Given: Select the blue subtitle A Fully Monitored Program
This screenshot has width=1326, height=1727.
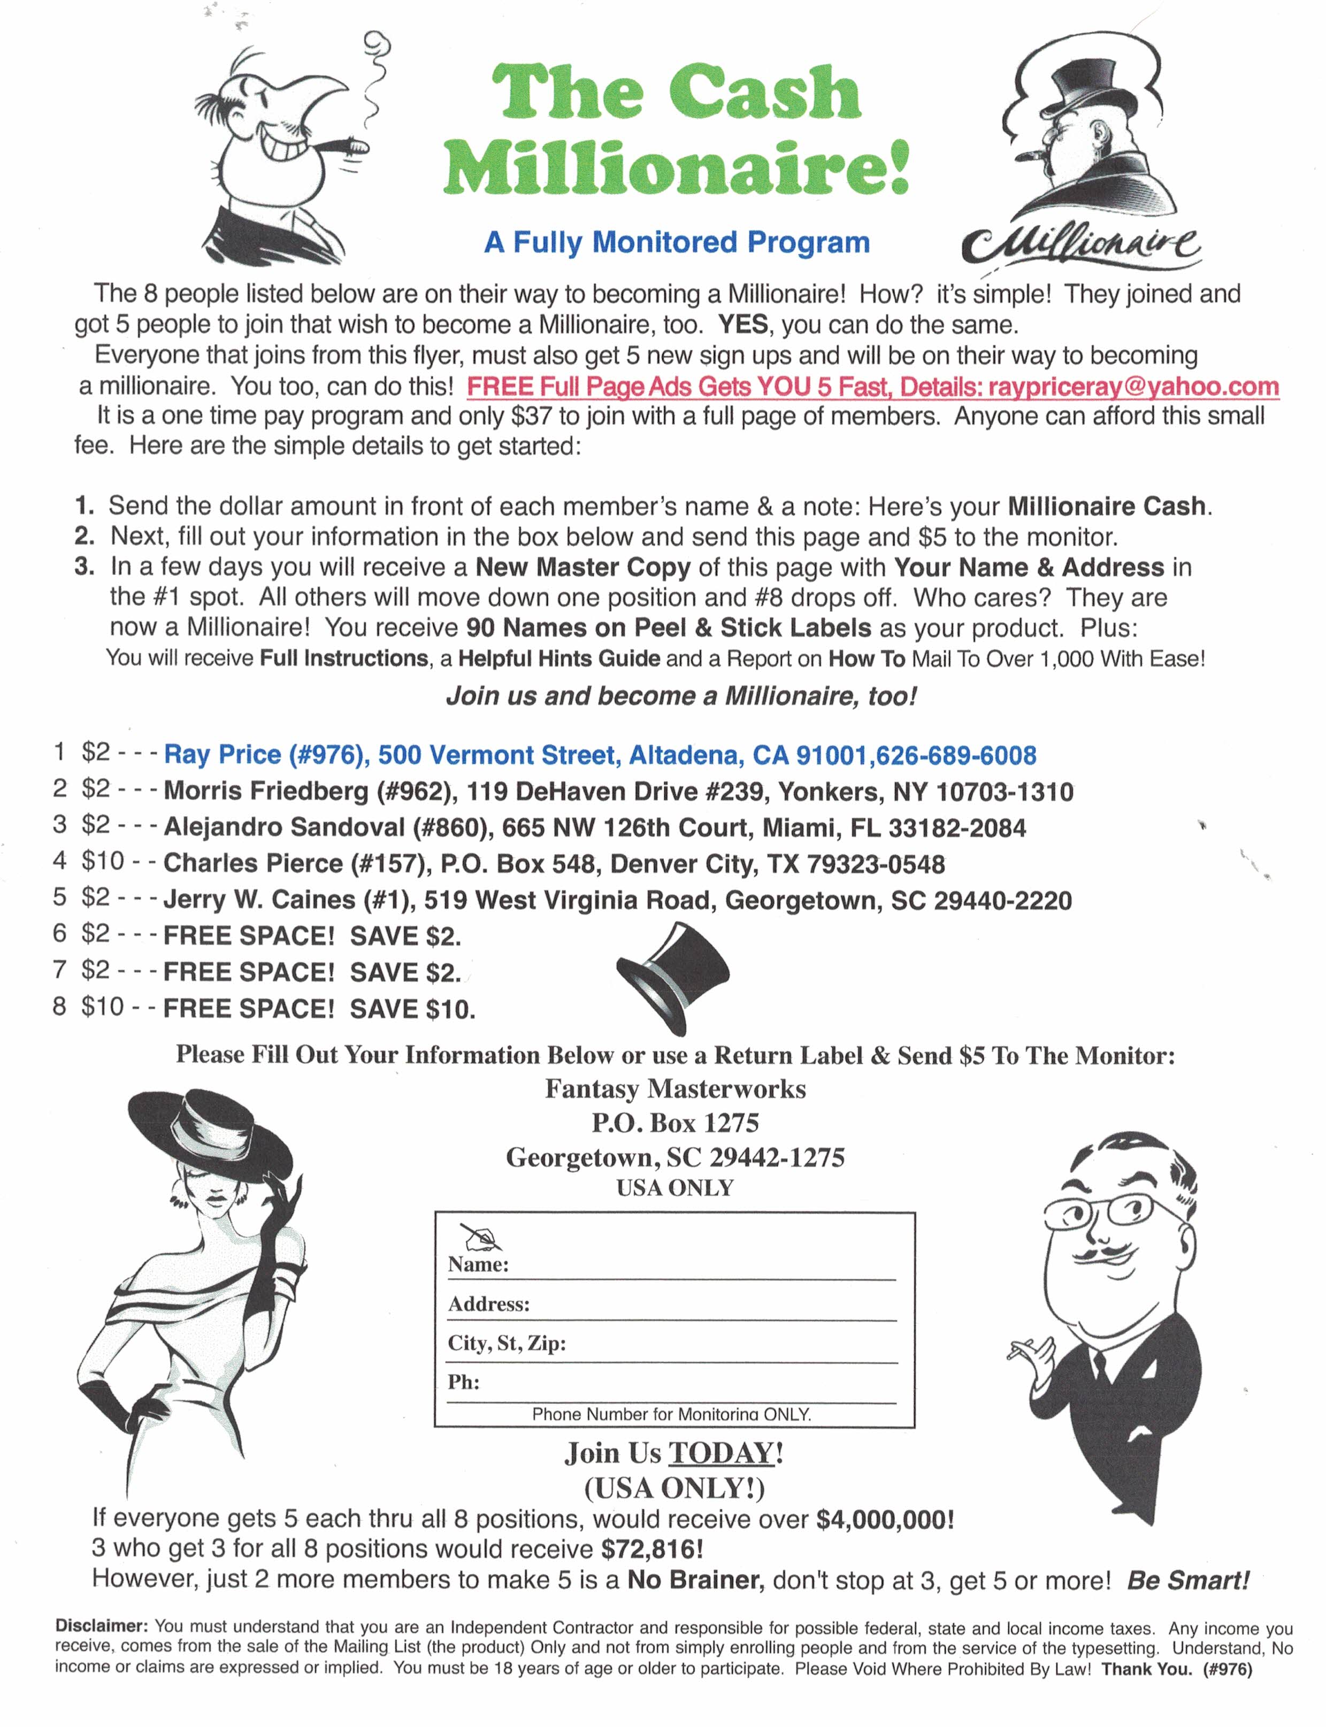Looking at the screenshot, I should pyautogui.click(x=677, y=242).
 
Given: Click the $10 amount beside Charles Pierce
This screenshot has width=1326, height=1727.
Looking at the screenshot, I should pyautogui.click(x=103, y=861).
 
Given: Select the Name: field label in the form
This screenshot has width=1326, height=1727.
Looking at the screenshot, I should pyautogui.click(x=478, y=1264).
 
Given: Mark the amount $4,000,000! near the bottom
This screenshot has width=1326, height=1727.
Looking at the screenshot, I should pyautogui.click(x=885, y=1519).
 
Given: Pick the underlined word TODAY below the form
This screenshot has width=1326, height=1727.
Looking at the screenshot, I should pyautogui.click(x=722, y=1454).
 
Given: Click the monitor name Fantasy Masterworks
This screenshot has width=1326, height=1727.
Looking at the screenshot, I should pyautogui.click(x=675, y=1089).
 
